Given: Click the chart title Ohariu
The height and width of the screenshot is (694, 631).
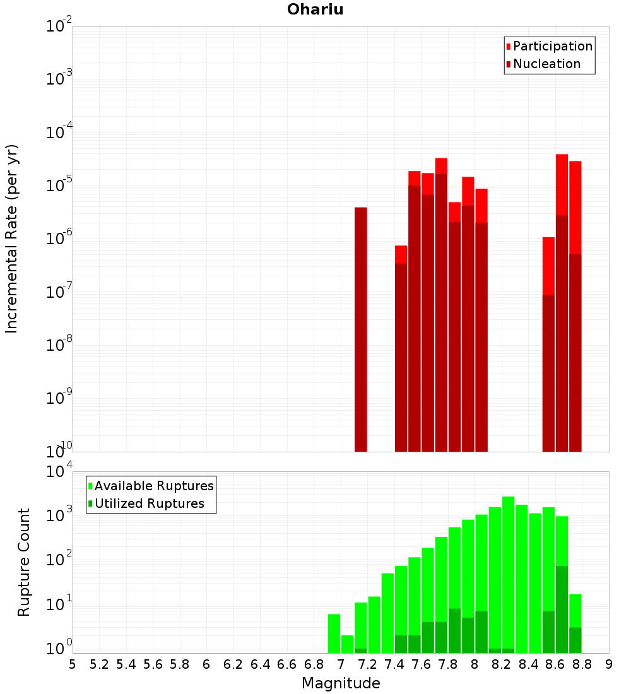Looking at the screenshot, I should [315, 9].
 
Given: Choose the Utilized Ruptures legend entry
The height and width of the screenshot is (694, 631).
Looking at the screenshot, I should [148, 503].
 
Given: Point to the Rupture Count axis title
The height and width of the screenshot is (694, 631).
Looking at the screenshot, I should [24, 562].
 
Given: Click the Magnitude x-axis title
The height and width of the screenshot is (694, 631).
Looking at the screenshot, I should [341, 683].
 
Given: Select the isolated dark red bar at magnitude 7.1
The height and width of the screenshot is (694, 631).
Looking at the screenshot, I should [361, 328].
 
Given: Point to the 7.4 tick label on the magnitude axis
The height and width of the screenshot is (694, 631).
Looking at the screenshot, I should [394, 664].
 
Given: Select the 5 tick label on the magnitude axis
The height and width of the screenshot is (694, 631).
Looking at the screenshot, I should [73, 664].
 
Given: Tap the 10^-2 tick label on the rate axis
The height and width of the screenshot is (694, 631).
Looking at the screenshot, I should [59, 27].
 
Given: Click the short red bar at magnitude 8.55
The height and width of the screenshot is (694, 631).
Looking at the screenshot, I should [548, 265].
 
